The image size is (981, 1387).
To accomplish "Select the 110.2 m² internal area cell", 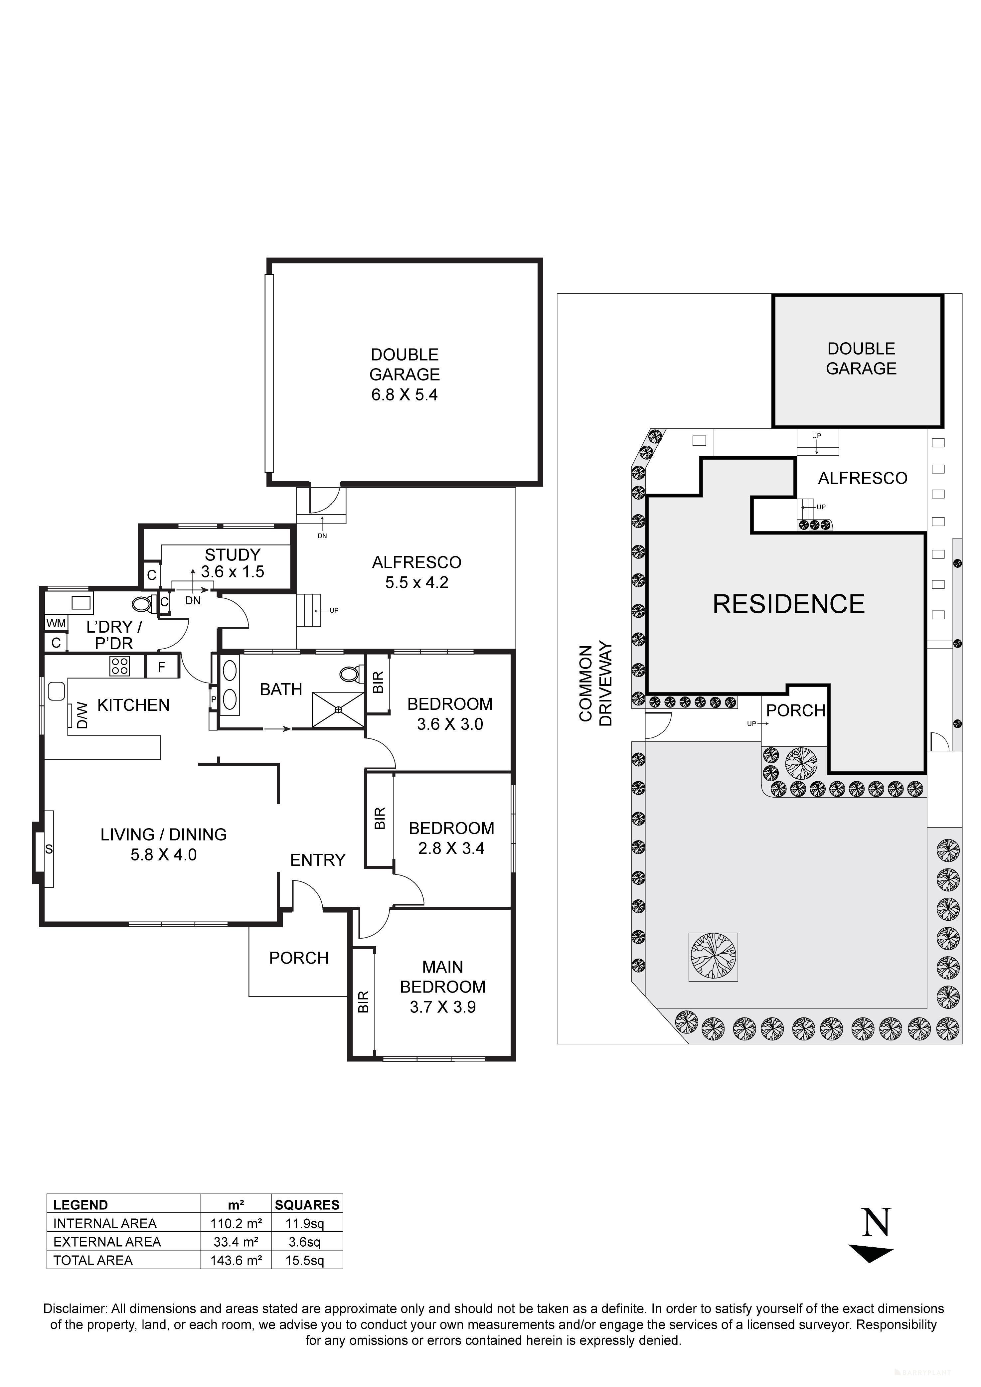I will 236,1223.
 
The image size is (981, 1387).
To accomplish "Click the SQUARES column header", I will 307,1205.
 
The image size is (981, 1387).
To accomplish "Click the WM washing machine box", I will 56,623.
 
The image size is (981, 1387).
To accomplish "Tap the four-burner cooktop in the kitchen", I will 119,666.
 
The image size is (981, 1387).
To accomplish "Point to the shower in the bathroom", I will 338,709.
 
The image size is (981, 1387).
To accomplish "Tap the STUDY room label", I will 233,554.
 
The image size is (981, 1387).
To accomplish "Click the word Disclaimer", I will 75,1309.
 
